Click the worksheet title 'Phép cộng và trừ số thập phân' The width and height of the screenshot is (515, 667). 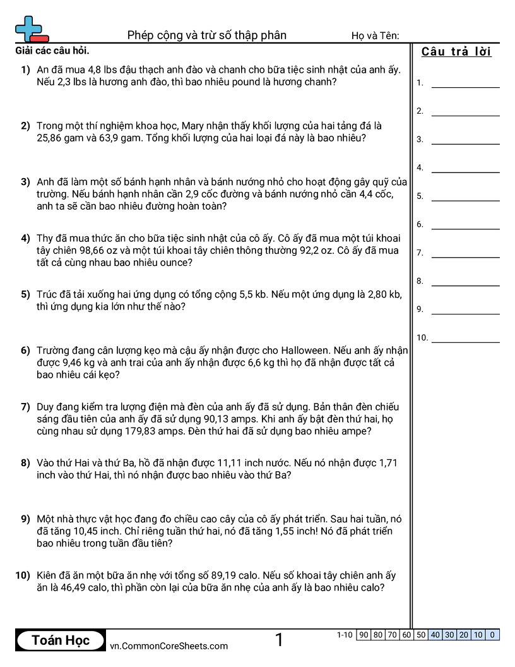coord(207,35)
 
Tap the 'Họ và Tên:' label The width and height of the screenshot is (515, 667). coord(375,36)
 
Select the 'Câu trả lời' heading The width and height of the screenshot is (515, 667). coord(456,52)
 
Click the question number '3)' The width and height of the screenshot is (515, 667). coord(25,182)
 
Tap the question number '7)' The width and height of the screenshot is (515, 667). coord(25,407)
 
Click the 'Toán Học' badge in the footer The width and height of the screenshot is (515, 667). coord(61,640)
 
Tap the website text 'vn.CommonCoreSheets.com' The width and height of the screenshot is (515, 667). coord(169,646)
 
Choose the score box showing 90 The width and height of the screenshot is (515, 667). coord(364,635)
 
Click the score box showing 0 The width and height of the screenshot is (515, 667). coord(492,635)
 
